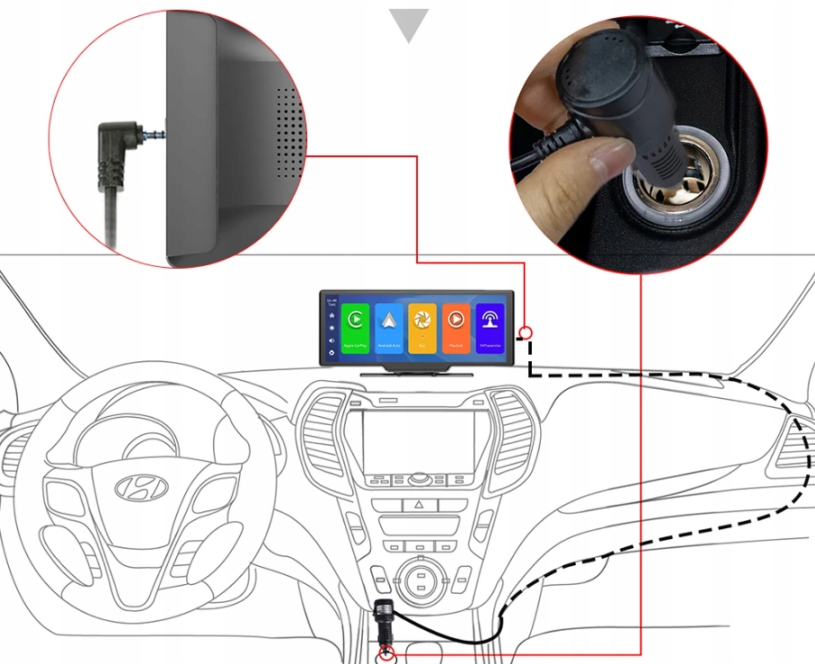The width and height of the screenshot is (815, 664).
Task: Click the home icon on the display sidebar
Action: pos(332,316)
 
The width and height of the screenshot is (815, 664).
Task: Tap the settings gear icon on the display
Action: pos(332,353)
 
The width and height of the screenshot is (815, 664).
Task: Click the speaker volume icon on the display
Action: pos(332,341)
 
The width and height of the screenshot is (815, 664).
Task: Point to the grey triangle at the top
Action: pos(408,24)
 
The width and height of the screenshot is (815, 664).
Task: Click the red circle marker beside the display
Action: pos(526,332)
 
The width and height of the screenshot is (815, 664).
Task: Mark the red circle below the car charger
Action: pos(387,653)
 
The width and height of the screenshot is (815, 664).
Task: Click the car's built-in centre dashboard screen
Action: pos(418,440)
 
